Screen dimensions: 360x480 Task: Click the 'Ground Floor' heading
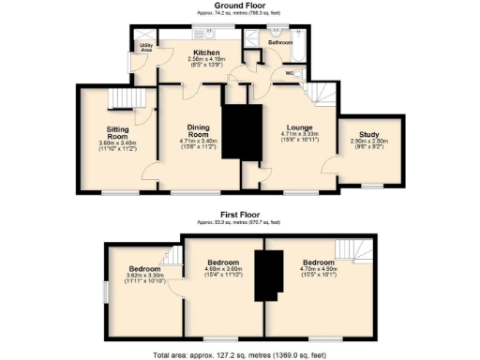tap(239, 6)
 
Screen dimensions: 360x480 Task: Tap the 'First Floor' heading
tap(239, 215)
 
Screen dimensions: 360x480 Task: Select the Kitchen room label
tap(206, 52)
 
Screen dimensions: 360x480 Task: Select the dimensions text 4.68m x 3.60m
tap(224, 269)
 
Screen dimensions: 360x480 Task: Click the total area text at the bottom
tap(239, 354)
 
